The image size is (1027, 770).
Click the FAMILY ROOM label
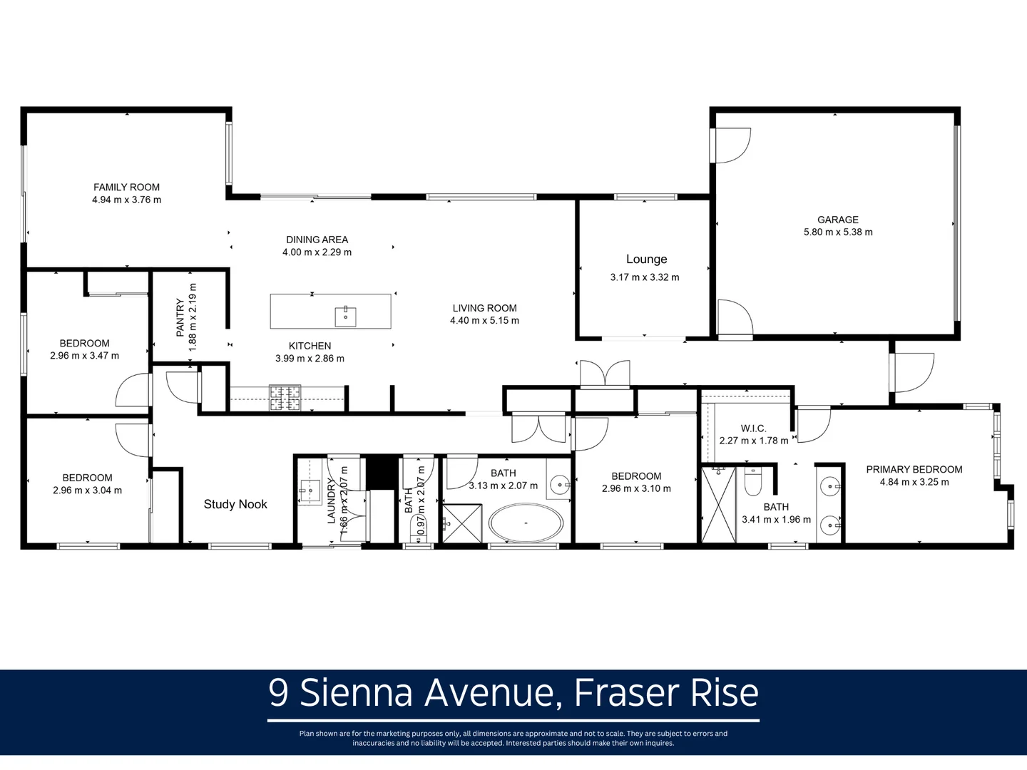pos(126,187)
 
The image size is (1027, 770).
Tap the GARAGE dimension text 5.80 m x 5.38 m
pos(838,232)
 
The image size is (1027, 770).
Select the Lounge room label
pos(646,260)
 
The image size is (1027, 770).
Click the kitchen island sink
pos(345,313)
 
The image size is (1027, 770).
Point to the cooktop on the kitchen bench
pos(285,399)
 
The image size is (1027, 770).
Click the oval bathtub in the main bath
pos(526,524)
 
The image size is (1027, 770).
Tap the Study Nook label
pos(235,505)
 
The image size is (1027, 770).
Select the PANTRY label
pos(180,318)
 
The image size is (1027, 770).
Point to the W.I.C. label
pos(753,428)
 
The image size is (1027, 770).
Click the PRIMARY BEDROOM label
pos(914,469)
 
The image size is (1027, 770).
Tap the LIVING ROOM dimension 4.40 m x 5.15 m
pos(484,321)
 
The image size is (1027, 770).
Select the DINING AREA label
pos(317,240)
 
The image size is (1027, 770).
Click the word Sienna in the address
pos(356,693)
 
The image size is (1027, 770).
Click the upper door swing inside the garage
pos(732,145)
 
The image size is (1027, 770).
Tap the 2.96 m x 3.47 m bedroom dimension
pos(84,356)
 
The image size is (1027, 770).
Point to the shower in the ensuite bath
pos(718,505)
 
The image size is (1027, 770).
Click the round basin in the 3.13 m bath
pos(560,486)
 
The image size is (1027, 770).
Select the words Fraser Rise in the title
pos(666,693)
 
